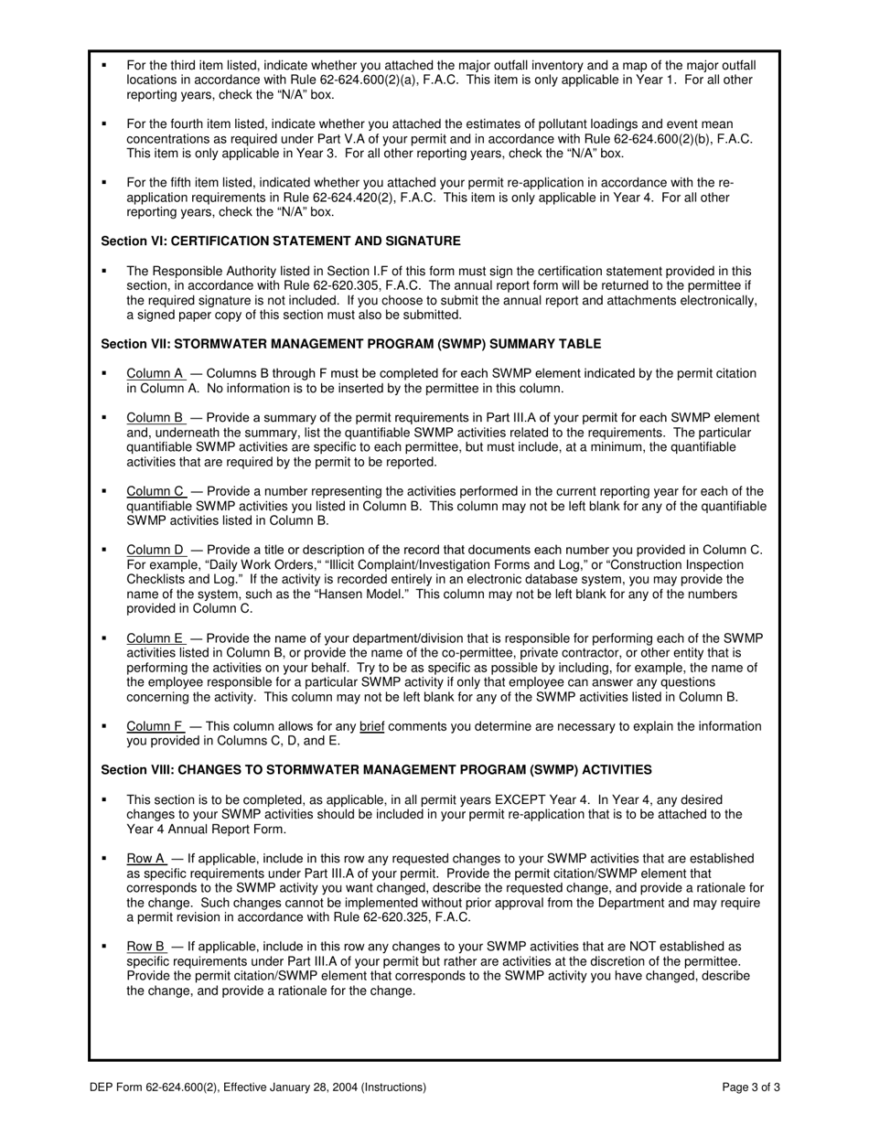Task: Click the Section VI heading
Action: click(280, 241)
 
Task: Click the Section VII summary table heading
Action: click(350, 344)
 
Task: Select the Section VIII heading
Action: click(376, 770)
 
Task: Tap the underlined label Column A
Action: click(156, 373)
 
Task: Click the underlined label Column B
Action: click(156, 418)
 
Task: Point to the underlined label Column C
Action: click(156, 491)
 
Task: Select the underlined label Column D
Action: click(156, 550)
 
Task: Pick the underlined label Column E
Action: click(156, 638)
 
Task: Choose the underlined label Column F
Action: click(156, 726)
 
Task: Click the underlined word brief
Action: click(371, 726)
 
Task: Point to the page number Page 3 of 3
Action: click(751, 1087)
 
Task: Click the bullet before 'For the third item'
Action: click(103, 66)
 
